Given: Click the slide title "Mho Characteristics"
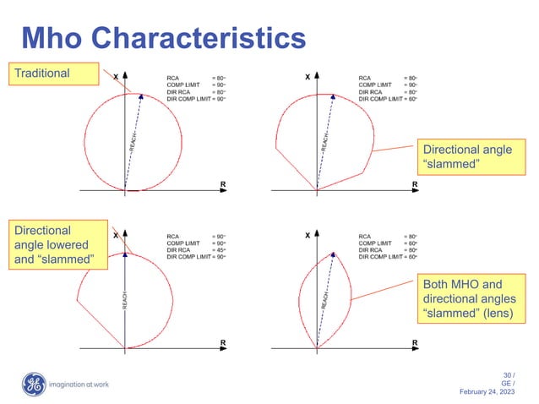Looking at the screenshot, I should tap(162, 38).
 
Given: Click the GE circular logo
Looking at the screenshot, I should tap(33, 385).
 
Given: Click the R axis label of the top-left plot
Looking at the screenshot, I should tap(223, 183).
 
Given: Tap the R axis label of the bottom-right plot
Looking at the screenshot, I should tap(415, 343).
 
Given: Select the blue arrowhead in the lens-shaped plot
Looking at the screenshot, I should tap(334, 254).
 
